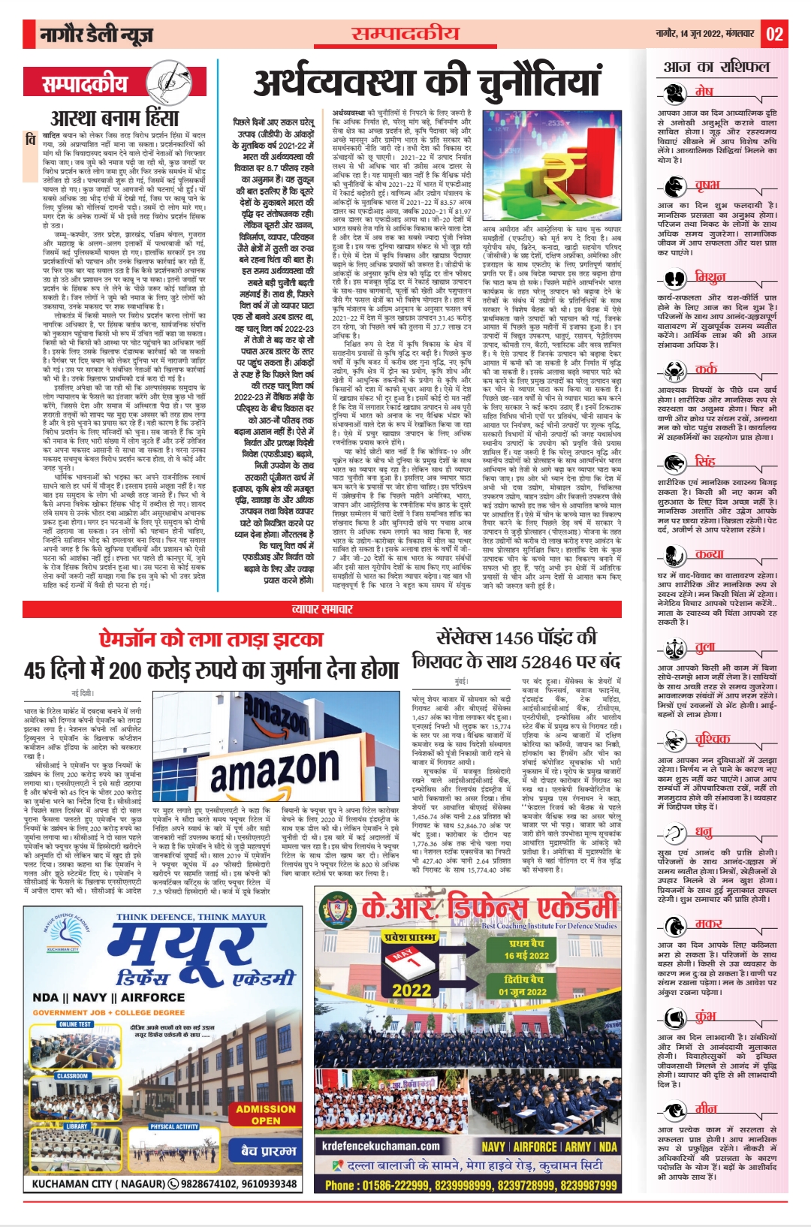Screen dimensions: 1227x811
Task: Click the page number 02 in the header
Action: coord(774,34)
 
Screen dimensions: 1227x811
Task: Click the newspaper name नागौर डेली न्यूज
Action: coord(97,35)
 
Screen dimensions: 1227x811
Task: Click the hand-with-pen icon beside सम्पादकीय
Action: coord(170,83)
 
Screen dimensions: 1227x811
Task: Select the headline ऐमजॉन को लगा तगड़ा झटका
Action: coord(211,638)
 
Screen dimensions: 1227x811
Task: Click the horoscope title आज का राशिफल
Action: coord(716,67)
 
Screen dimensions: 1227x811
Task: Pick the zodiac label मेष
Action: coord(704,91)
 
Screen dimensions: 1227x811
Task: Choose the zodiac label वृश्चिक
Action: coord(712,739)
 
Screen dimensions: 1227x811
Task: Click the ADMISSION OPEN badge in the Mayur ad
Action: coord(265,1114)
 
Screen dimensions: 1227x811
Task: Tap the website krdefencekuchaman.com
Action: coord(381,1146)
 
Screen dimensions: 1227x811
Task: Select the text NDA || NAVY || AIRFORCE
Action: coord(109,997)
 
